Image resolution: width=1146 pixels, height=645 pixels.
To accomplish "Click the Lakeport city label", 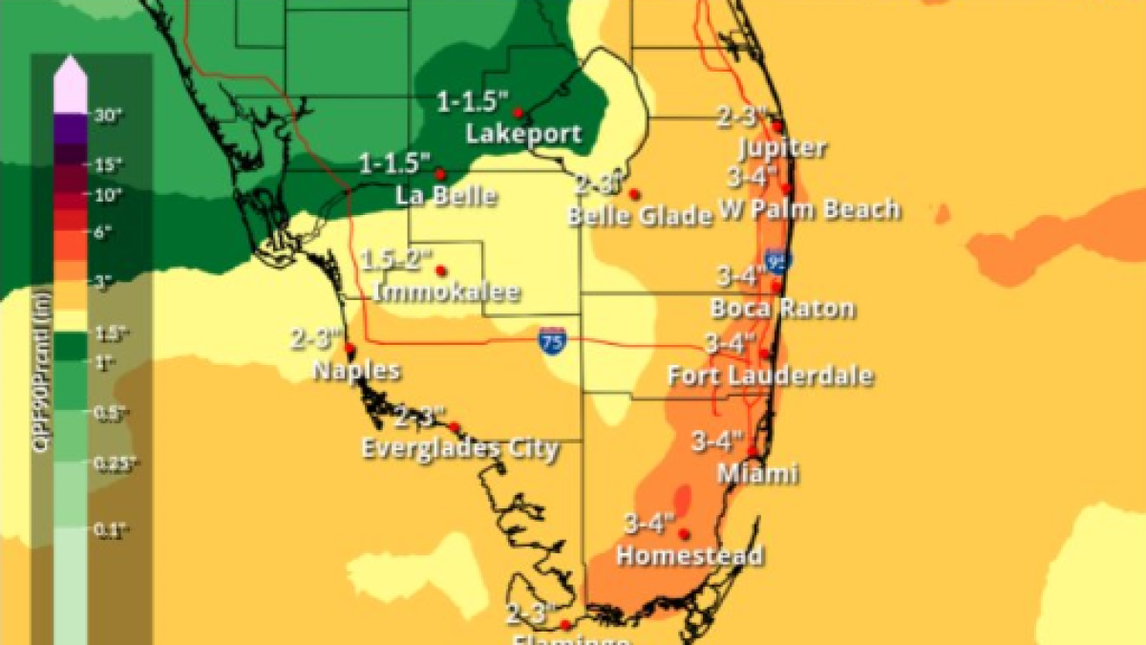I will pos(522,134).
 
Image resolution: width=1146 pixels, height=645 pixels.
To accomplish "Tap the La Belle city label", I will pos(446,196).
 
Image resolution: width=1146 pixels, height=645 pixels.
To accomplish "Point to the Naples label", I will pos(357,370).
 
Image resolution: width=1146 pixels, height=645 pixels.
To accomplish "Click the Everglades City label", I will pos(459,448).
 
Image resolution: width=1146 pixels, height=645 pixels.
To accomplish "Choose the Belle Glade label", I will pos(640,216).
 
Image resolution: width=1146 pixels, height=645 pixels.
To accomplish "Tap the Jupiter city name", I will pos(782,148).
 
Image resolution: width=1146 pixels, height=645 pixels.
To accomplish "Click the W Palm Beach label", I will pos(810,209).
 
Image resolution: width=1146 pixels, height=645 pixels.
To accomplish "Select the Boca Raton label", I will pos(782,309).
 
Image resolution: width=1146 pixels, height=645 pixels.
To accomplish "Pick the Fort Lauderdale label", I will pos(770,375).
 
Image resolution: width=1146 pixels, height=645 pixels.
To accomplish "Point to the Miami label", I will pos(760,473).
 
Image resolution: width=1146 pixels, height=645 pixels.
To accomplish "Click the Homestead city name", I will pos(690,555).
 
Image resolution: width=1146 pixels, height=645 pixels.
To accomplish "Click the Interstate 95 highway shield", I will pos(775,260).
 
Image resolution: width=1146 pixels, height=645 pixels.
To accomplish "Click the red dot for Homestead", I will pos(684,534).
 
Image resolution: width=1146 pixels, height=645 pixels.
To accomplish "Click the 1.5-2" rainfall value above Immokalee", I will pos(398,258).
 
